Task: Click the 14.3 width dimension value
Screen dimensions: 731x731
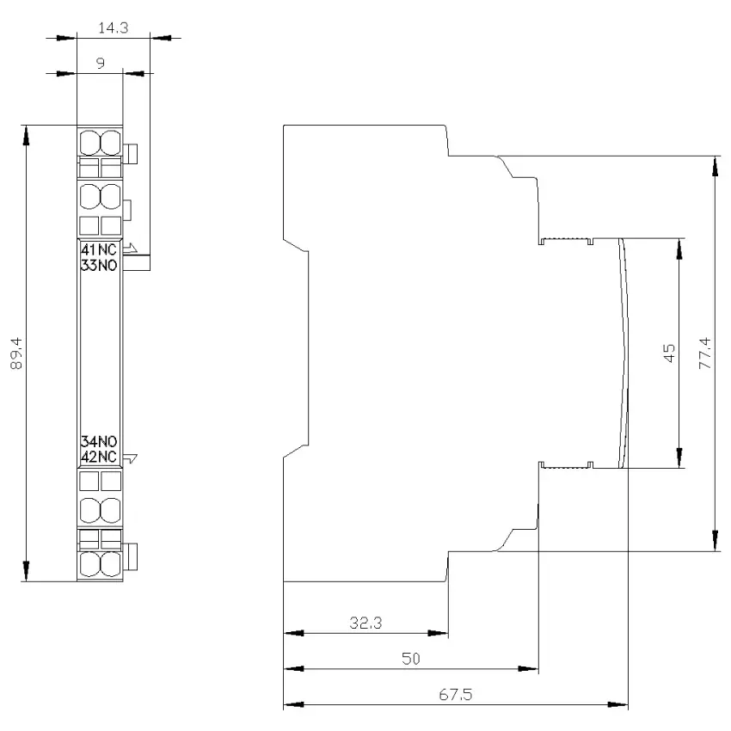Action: click(x=114, y=28)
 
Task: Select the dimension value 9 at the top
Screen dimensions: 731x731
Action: click(x=101, y=63)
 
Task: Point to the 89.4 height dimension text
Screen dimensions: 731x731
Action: click(x=16, y=353)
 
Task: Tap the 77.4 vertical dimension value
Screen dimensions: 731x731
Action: click(x=705, y=353)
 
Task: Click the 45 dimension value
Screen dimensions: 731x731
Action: click(x=669, y=353)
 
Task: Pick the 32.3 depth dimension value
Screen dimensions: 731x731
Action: click(x=366, y=623)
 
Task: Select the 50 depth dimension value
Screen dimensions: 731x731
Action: click(x=411, y=659)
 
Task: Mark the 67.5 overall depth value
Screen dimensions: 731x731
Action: click(x=456, y=695)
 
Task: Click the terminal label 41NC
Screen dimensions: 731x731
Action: click(x=99, y=249)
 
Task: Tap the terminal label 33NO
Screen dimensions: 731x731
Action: click(x=99, y=265)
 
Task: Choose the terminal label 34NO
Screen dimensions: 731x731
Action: click(x=99, y=441)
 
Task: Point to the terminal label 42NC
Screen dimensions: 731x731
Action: click(x=99, y=457)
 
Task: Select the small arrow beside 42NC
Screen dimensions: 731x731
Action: click(x=131, y=458)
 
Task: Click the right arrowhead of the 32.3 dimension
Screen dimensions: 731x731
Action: click(x=439, y=633)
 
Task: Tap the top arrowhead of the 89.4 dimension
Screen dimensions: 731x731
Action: click(x=26, y=135)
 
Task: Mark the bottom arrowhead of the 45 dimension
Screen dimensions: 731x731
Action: click(x=679, y=458)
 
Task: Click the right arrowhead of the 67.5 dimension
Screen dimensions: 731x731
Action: click(x=618, y=704)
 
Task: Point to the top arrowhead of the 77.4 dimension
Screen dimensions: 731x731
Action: click(x=716, y=167)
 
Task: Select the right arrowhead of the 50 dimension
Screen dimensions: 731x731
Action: click(x=528, y=668)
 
